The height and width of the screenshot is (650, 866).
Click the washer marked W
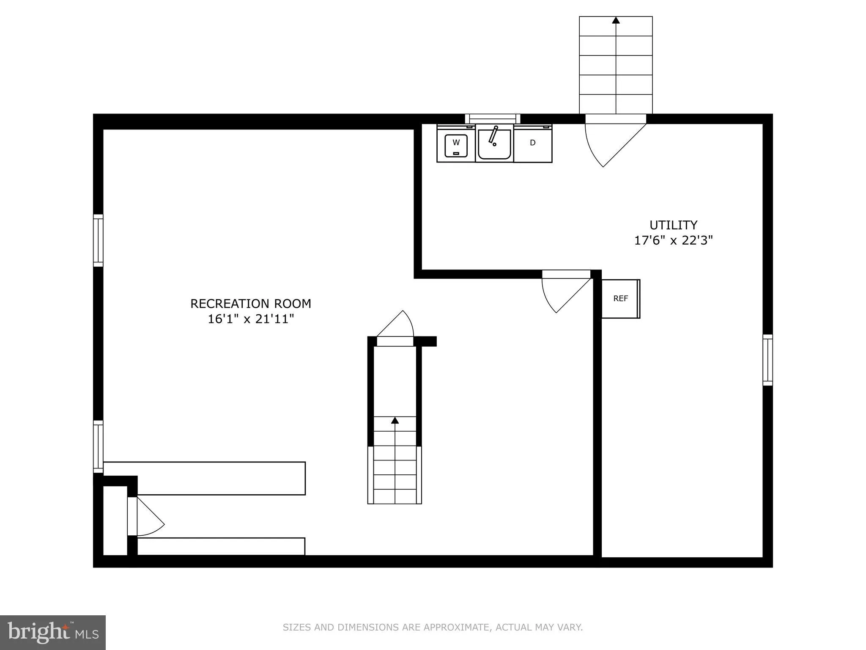pos(456,144)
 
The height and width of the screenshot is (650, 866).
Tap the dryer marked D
pos(533,143)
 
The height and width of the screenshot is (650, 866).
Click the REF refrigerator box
pos(620,299)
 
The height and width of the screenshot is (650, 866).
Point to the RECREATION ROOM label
pos(250,304)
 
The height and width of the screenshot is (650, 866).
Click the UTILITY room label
pos(673,225)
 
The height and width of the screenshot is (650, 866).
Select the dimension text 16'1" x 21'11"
pos(250,319)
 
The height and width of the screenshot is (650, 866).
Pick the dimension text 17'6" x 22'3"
pos(673,241)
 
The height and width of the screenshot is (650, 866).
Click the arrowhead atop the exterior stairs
pos(616,20)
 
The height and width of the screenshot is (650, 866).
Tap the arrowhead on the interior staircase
pos(395,420)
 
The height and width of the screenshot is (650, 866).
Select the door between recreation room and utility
pos(562,292)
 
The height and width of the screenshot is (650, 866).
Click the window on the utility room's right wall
pos(767,360)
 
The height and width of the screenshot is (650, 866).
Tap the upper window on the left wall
pos(98,240)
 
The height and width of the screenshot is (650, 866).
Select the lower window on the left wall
pos(98,446)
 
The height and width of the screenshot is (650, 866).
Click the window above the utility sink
pos(493,119)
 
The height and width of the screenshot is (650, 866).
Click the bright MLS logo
pos(53,633)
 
